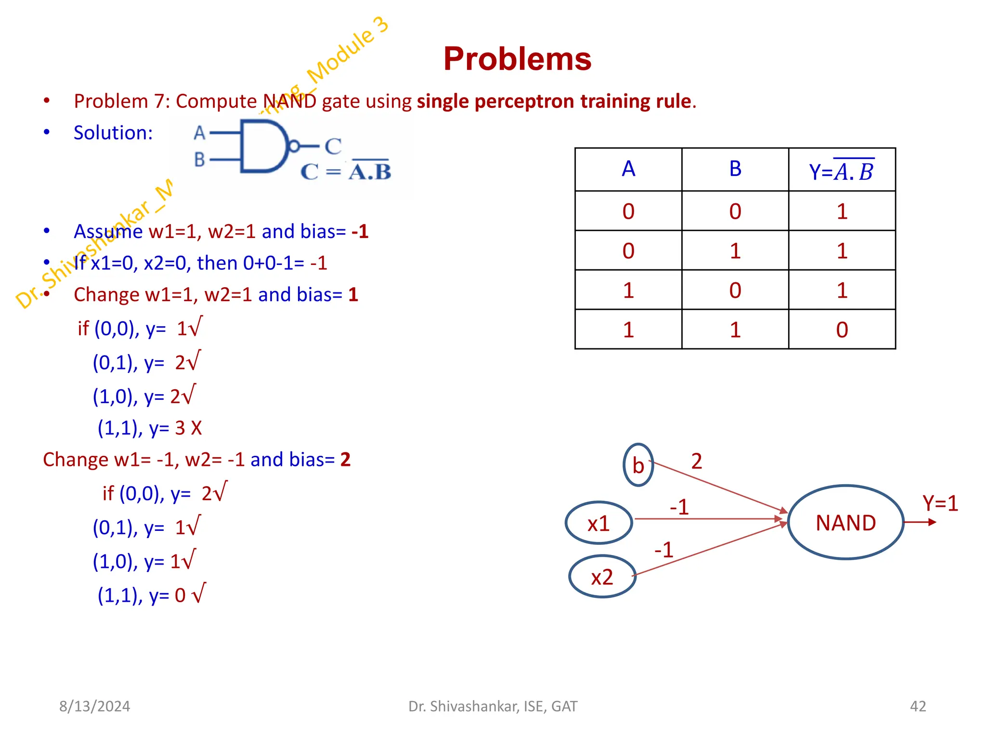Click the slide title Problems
point(517,59)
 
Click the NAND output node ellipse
point(845,522)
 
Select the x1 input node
point(598,523)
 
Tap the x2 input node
point(602,577)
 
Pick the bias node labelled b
point(638,465)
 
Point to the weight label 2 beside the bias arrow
point(696,462)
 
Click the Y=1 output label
point(940,503)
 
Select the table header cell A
point(628,169)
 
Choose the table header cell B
point(735,169)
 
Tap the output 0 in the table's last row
point(842,330)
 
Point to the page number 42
point(918,706)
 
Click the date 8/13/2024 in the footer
point(94,706)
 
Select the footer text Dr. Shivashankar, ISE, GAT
point(493,706)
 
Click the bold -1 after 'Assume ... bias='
point(360,232)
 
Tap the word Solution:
point(113,133)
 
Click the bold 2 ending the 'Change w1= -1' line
point(345,460)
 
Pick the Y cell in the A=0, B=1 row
point(842,251)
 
